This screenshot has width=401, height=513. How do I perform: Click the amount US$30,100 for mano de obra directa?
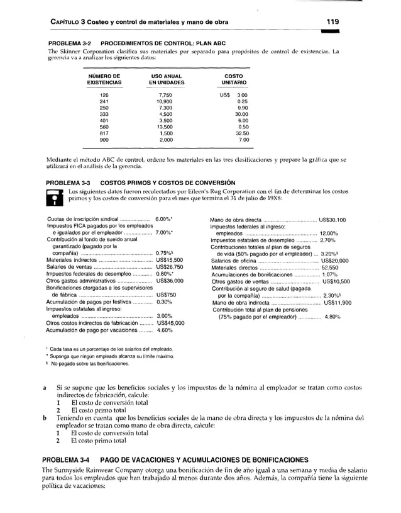(x=334, y=220)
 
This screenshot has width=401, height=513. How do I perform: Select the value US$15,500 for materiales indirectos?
(x=169, y=259)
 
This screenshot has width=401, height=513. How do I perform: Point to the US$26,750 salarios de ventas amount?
(x=169, y=266)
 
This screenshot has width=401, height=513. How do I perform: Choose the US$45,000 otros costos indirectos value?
(x=169, y=323)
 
